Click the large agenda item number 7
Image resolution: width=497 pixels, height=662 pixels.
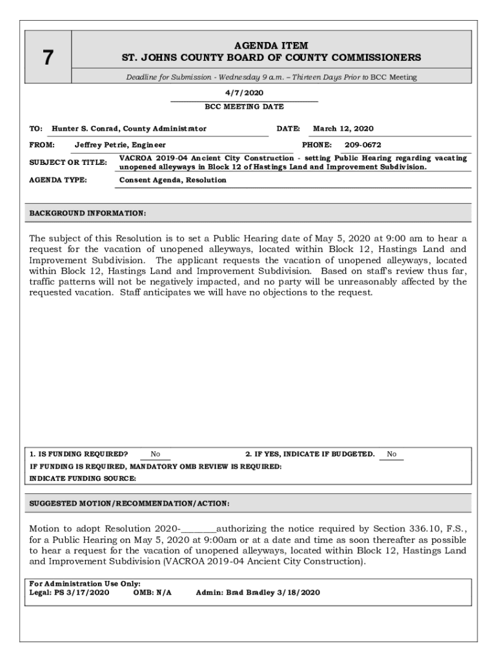tap(48, 58)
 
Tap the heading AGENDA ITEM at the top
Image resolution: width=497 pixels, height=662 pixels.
tap(271, 46)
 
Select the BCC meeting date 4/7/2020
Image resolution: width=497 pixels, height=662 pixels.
tap(244, 93)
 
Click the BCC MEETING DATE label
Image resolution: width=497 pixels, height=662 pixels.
tap(244, 107)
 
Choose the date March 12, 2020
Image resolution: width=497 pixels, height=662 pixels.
tap(343, 129)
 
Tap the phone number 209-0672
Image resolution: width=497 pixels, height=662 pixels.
tap(363, 145)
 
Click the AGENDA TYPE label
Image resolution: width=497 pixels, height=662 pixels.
tap(58, 180)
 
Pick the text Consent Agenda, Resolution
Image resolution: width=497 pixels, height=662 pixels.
tap(173, 180)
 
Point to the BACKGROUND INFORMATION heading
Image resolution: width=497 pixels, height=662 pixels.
tap(88, 213)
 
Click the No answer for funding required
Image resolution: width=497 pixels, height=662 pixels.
tap(156, 454)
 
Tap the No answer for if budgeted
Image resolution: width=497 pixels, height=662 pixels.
tap(392, 454)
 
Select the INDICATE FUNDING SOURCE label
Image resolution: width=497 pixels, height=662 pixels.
tap(83, 478)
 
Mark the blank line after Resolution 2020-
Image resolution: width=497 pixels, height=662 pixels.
tap(198, 528)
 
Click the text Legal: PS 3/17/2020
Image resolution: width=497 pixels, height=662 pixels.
tap(69, 592)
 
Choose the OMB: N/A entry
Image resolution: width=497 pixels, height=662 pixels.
tap(152, 592)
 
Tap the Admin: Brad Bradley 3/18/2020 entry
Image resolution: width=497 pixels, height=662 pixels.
tap(258, 592)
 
